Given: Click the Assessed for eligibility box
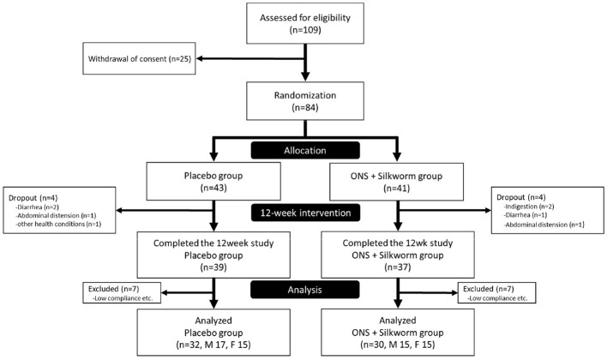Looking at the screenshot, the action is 305,23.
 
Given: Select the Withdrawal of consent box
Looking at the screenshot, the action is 139,58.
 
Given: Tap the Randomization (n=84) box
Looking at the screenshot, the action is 305,100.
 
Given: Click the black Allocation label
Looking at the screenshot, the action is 305,150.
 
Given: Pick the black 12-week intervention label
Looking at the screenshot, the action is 305,213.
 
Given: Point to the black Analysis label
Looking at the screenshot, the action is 305,290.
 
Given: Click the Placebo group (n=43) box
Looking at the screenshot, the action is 213,181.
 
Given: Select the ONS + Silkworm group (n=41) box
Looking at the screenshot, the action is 396,182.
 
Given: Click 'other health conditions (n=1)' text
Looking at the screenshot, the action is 58,224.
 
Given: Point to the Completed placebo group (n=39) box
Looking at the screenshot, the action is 213,255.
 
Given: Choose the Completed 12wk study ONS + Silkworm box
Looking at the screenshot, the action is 398,255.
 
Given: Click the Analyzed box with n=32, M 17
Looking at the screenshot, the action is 213,332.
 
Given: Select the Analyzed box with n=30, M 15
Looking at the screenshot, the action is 398,332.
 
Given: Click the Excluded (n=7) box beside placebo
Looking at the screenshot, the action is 122,292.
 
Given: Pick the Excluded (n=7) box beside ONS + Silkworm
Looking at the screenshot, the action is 496,292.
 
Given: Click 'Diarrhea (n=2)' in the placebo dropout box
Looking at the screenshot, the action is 38,207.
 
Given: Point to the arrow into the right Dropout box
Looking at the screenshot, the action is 444,210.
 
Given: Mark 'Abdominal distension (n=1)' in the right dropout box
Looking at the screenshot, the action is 544,225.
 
